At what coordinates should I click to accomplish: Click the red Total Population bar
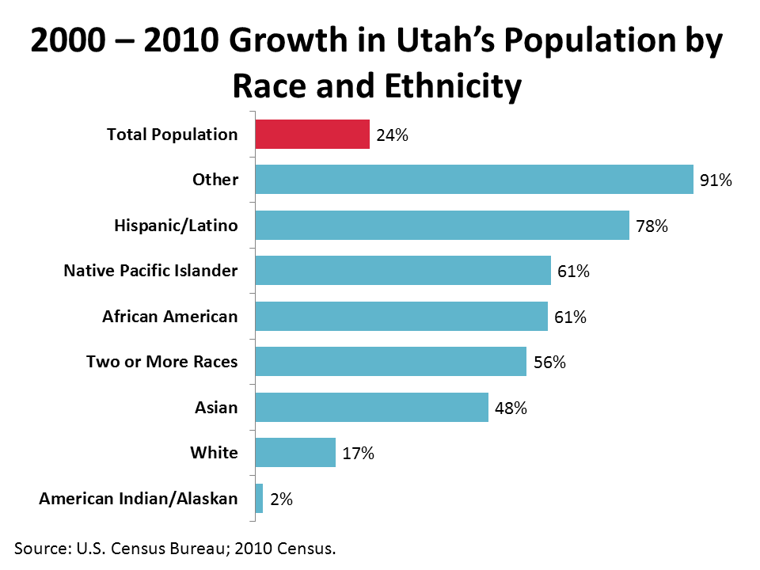click(312, 135)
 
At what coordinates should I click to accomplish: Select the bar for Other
click(473, 180)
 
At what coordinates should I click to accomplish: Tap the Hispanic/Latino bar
click(442, 226)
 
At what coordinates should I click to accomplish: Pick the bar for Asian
click(371, 408)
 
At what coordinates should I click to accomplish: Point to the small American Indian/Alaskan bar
click(259, 499)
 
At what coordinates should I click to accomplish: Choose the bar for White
click(295, 453)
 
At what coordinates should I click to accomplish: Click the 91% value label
click(716, 181)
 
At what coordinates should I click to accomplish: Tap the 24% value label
click(392, 135)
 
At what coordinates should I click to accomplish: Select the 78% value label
click(652, 226)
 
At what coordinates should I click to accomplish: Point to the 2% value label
click(281, 500)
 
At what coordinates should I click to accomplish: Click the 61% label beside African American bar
click(570, 317)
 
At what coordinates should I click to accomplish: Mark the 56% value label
click(549, 363)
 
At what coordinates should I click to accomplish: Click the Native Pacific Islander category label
click(150, 271)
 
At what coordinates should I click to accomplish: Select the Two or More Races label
click(161, 362)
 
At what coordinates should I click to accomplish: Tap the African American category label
click(169, 317)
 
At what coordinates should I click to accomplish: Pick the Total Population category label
click(172, 135)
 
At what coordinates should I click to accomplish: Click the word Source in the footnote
click(41, 548)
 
